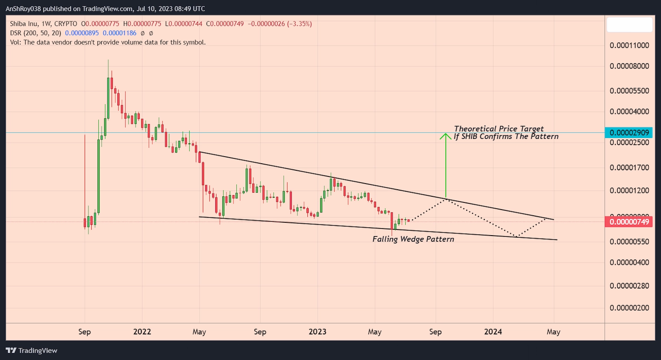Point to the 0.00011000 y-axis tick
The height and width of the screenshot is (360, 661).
click(x=629, y=45)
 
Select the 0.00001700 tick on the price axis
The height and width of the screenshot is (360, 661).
click(x=629, y=168)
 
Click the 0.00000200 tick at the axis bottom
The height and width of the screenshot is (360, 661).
click(x=629, y=308)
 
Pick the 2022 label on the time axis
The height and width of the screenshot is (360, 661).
click(x=142, y=332)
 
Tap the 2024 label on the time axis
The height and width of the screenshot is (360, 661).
click(x=493, y=332)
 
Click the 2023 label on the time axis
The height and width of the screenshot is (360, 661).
click(x=317, y=332)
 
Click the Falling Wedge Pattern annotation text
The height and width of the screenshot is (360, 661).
click(x=413, y=239)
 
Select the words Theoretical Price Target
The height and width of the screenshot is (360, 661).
click(x=499, y=129)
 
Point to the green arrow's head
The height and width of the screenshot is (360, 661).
click(x=445, y=134)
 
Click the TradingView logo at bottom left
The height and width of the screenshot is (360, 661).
click(x=32, y=350)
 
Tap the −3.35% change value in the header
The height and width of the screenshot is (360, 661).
click(x=300, y=24)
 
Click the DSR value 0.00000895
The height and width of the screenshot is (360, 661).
click(x=82, y=33)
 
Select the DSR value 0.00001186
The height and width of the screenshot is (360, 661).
click(x=119, y=33)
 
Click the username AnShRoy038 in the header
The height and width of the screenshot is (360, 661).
click(x=23, y=9)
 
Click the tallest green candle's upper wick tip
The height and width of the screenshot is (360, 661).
click(x=108, y=60)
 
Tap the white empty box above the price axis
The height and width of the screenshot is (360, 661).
click(x=629, y=25)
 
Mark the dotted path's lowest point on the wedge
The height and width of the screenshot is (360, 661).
click(x=516, y=236)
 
